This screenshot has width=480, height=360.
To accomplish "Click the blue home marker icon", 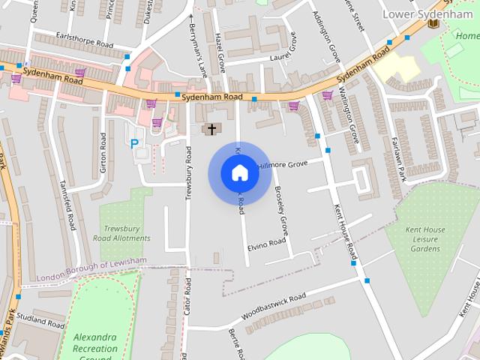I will click(239, 173).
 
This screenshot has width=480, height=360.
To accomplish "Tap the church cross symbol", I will click(211, 130).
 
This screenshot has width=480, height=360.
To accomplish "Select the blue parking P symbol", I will click(135, 143).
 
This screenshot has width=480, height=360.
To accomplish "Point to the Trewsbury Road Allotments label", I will click(126, 233).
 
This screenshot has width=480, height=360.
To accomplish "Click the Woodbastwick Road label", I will click(270, 306).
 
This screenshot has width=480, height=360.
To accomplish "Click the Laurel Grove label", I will click(274, 55).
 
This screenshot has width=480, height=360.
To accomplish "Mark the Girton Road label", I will click(103, 152).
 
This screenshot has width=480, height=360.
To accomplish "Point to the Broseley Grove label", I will click(281, 208).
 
